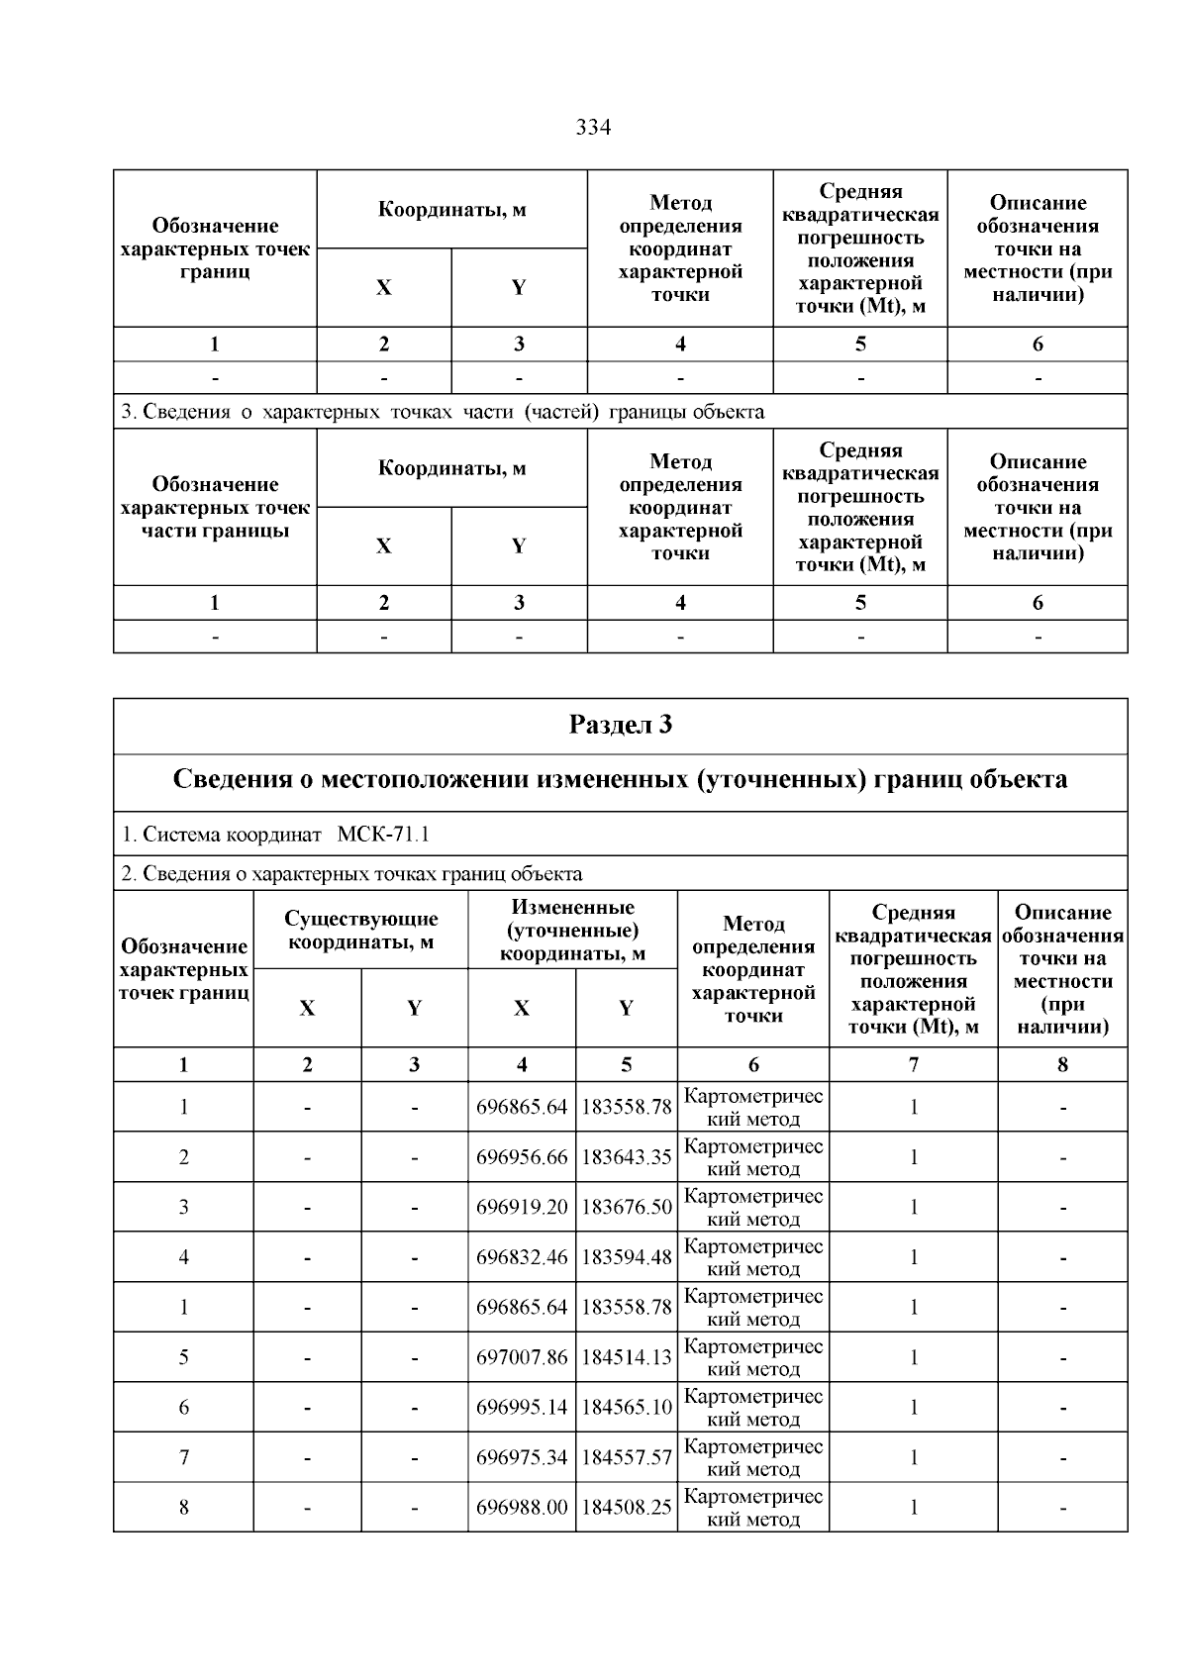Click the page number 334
[x=593, y=128]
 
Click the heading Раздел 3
[x=621, y=726]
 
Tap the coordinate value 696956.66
[x=522, y=1157]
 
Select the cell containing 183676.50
[x=627, y=1207]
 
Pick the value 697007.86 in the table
[x=522, y=1357]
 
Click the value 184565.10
[x=627, y=1407]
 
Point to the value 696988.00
[x=522, y=1508]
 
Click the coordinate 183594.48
[x=627, y=1257]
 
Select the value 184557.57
[x=627, y=1457]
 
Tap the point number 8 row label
[x=184, y=1508]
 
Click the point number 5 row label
[x=184, y=1357]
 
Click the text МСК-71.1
[x=383, y=835]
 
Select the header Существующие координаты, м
[x=360, y=931]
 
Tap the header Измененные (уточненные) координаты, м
[x=572, y=931]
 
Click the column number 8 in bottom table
[x=1062, y=1064]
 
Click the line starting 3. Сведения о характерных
[x=443, y=412]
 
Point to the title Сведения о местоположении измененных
[x=621, y=780]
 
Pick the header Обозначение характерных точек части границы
[x=215, y=507]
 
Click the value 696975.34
[x=522, y=1457]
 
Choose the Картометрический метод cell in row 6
[x=753, y=1407]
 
